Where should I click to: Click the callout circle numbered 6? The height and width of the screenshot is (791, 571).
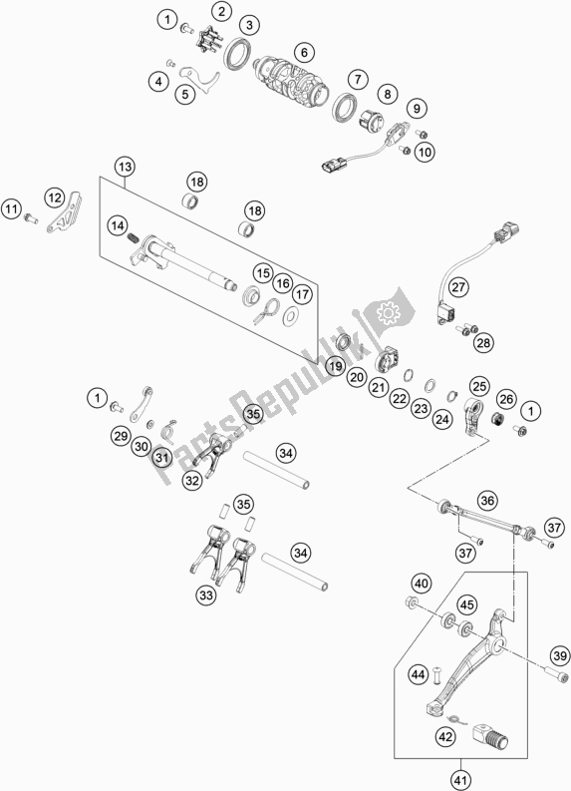pos(304,52)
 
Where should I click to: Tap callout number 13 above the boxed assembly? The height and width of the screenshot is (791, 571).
pos(125,167)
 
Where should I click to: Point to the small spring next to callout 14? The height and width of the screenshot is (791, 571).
pos(134,236)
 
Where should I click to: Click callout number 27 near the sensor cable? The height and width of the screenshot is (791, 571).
pos(458,287)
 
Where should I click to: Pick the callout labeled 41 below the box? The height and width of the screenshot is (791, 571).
pos(460,781)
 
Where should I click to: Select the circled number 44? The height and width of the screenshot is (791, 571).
pos(419,674)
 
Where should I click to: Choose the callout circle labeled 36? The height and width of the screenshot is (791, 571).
pos(487,501)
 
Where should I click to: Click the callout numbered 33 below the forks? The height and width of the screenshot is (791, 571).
pos(206,595)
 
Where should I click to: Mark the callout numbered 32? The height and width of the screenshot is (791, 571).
pos(192,480)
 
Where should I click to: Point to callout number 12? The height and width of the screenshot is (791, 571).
pos(54,198)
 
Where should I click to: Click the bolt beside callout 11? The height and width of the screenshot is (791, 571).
pos(31,218)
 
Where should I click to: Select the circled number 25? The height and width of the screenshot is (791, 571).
pos(479,386)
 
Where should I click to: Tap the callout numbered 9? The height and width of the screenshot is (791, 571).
pos(417,108)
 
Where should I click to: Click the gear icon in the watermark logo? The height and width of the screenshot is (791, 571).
pos(388,314)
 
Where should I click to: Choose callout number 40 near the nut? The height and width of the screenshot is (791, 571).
pos(422,584)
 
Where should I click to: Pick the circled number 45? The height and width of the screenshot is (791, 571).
pos(467,603)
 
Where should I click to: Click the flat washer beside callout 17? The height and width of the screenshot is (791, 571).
pos(290,316)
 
